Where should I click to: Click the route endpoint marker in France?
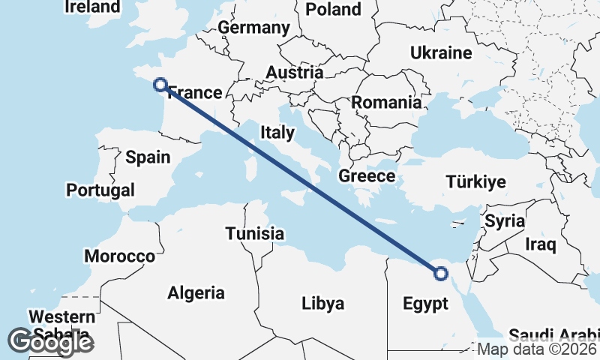click(160, 85)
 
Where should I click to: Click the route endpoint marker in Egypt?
click(441, 274)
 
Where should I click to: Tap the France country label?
click(195, 93)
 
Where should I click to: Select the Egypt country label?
click(425, 304)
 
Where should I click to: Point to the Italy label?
click(277, 133)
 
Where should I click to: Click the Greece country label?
click(367, 176)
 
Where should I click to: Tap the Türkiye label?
click(475, 181)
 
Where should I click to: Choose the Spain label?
click(148, 157)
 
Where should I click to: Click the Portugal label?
click(100, 190)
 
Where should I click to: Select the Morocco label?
click(119, 256)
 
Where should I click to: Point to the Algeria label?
click(196, 292)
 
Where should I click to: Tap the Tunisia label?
click(255, 233)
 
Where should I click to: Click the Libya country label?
click(322, 304)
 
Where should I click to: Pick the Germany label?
click(253, 28)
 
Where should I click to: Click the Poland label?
click(333, 9)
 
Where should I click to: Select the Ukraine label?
click(441, 52)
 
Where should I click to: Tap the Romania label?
click(386, 103)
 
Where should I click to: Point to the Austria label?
click(295, 73)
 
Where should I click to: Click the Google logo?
click(50, 342)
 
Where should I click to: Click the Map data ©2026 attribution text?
click(538, 349)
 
